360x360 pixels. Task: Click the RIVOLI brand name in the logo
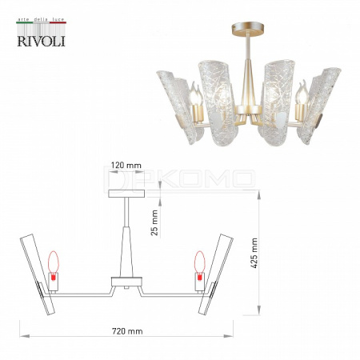42,41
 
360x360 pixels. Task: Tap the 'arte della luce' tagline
41,19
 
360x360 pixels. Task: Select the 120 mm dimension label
126,166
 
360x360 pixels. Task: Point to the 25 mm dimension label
154,222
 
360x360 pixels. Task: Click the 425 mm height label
254,253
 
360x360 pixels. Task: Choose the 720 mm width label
127,331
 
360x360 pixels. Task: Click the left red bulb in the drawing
53,266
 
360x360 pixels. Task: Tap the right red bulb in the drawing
199,266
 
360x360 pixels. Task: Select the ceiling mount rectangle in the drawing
126,194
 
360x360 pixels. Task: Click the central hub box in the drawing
126,282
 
